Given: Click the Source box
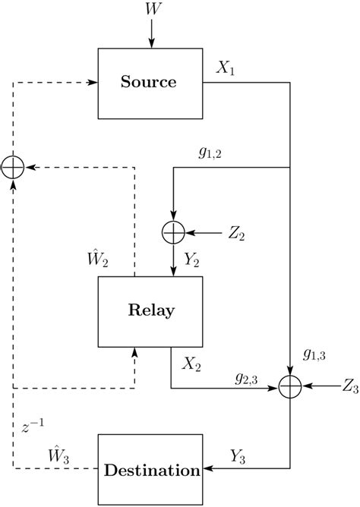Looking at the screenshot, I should point(150,83).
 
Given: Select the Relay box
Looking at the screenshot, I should point(150,310).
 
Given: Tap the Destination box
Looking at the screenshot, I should point(150,471).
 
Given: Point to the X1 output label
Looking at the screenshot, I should point(226,68).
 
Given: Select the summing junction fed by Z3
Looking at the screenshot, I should point(290,387).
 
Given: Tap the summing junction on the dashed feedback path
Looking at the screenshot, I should point(14,166).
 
